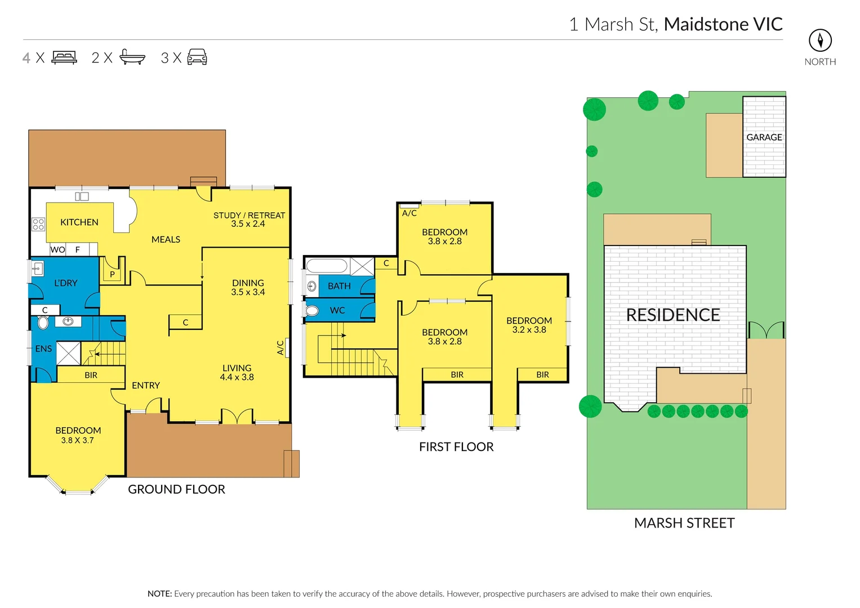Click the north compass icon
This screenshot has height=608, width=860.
coord(820,41)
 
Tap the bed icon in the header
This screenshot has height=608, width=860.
coord(64,57)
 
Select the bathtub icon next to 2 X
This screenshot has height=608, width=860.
coord(132,57)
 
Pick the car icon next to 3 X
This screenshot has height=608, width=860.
coord(197,57)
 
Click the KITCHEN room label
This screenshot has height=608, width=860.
coord(79,222)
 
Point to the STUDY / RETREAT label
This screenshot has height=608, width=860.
coord(249,220)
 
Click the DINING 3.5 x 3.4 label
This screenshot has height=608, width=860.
coord(248,287)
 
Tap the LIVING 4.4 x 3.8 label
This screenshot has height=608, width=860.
coord(237,372)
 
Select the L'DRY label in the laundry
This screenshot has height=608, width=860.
coord(65,283)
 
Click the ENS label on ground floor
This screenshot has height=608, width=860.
coord(43,349)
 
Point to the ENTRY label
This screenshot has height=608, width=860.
coord(146,386)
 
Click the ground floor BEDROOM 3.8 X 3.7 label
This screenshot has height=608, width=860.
coord(78,435)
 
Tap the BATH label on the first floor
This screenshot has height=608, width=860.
coord(339,286)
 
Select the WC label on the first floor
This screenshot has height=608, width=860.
coord(337,310)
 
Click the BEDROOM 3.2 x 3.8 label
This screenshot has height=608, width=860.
coord(529,325)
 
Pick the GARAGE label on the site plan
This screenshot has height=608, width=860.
coord(764,137)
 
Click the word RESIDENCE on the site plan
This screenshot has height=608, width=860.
coord(673,315)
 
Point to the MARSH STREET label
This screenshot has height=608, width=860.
coord(684,523)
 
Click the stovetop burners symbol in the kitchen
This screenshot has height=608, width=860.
coord(38,225)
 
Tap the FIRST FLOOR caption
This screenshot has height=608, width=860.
coord(456,447)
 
